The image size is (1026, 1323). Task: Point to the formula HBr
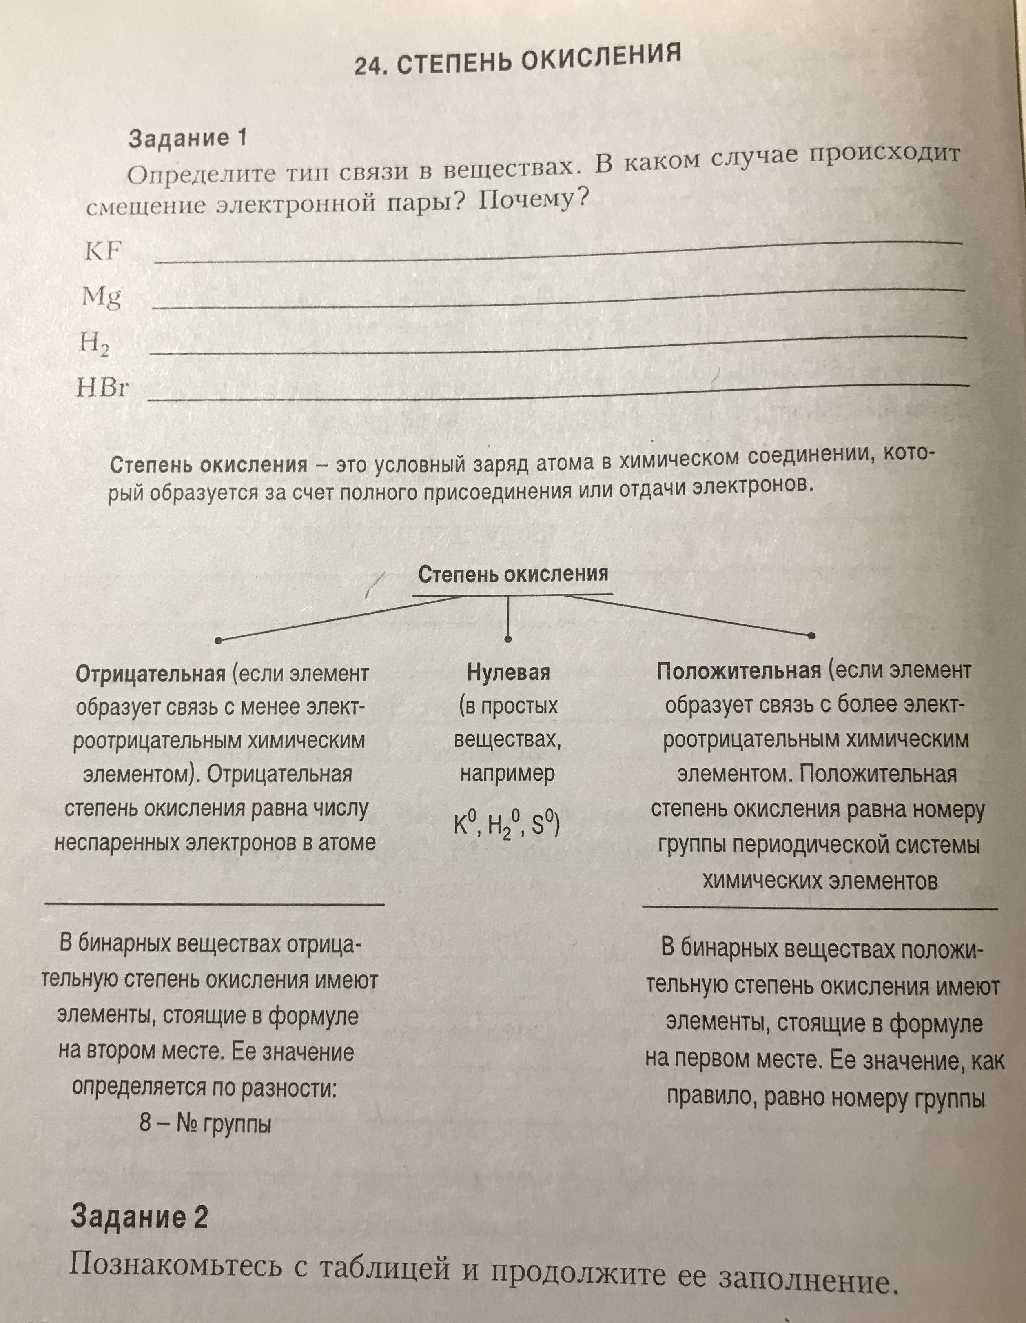pyautogui.click(x=103, y=388)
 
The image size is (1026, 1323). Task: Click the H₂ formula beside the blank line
pyautogui.click(x=94, y=344)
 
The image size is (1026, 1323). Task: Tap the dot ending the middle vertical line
pyautogui.click(x=508, y=639)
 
